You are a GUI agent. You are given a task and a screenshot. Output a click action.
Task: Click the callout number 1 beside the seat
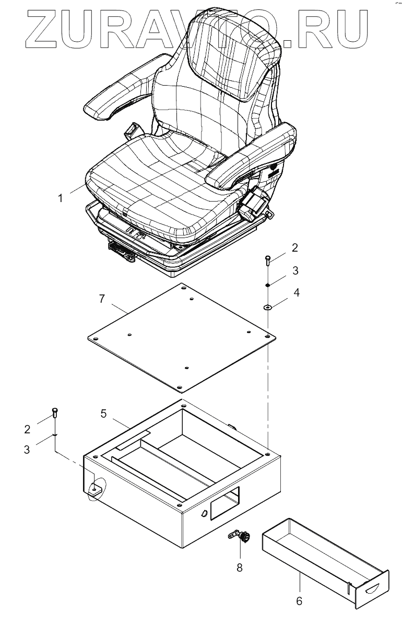[61, 198]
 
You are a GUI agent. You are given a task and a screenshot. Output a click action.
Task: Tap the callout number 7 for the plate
[102, 299]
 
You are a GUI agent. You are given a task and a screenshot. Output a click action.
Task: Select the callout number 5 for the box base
[103, 414]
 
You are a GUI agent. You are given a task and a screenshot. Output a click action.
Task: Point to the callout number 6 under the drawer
[299, 601]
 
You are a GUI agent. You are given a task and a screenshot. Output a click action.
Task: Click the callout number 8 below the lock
[240, 567]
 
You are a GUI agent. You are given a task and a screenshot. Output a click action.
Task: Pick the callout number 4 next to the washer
[297, 292]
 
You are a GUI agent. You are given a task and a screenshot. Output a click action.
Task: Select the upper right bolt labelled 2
[268, 259]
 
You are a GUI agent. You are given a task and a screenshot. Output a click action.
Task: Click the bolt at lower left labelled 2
[55, 414]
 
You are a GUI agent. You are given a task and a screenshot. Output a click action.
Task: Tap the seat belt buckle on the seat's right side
[255, 204]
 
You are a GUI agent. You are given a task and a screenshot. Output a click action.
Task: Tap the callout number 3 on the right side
[295, 271]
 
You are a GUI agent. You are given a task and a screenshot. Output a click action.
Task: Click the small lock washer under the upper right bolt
[267, 285]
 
